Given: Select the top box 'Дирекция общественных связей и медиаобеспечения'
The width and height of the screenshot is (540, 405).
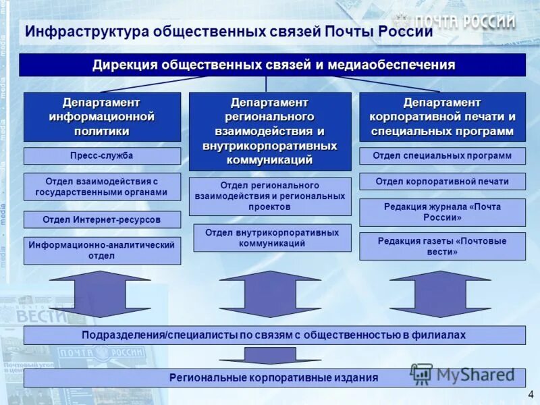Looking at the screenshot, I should click(x=273, y=65).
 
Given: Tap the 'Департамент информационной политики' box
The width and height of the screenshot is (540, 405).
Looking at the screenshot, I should click(x=102, y=117).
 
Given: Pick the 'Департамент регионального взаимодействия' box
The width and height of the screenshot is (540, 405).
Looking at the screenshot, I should click(x=270, y=131).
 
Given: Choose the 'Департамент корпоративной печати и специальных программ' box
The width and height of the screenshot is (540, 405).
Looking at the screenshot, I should click(x=442, y=117).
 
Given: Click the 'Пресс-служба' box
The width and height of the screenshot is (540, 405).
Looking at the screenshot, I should click(x=102, y=156).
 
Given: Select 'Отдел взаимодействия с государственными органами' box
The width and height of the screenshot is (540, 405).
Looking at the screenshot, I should click(x=102, y=187).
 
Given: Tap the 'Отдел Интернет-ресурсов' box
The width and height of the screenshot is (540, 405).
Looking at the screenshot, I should click(x=102, y=219).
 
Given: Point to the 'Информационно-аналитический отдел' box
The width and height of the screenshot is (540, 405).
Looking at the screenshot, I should click(x=102, y=250).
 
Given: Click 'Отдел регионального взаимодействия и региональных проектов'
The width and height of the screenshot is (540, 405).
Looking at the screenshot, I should click(x=270, y=196).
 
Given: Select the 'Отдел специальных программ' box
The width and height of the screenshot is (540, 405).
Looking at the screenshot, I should click(x=442, y=156).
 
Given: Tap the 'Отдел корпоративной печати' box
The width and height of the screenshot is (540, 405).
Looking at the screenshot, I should click(x=442, y=182).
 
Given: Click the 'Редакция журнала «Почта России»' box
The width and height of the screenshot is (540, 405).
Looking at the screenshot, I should click(x=442, y=212).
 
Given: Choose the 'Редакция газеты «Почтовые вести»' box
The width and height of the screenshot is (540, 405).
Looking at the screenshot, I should click(x=442, y=246).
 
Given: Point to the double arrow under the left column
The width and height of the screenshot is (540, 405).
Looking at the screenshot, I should click(x=100, y=294).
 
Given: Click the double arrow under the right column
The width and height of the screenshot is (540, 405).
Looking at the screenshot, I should click(x=440, y=294).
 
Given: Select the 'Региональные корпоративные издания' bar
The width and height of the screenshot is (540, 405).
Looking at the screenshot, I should click(x=274, y=378).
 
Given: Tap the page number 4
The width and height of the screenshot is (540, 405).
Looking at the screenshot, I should click(x=531, y=394).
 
